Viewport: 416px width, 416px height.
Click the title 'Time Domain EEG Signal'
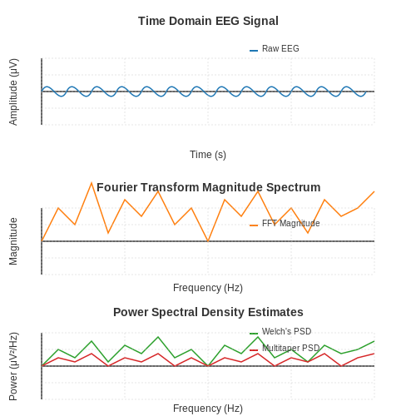(x=208, y=21)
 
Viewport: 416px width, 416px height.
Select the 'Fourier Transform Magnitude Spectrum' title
(x=209, y=187)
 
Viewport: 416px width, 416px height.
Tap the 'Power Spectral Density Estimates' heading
(x=208, y=312)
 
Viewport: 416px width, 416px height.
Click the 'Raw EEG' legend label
(x=280, y=48)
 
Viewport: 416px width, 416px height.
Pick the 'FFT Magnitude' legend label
(x=291, y=223)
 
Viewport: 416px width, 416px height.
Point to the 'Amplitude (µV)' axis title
(x=13, y=92)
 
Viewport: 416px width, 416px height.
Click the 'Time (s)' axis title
(x=208, y=155)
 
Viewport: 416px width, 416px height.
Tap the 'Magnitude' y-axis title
(x=13, y=241)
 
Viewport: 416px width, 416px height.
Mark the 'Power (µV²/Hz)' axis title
(x=13, y=366)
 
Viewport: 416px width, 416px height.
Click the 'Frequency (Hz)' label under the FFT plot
(x=208, y=288)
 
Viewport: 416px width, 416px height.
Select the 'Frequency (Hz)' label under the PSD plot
(x=208, y=409)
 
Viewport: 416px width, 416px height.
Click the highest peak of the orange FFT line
(x=92, y=183)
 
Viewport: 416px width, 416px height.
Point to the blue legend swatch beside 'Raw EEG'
(x=254, y=51)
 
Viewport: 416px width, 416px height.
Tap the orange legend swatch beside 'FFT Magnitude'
(x=254, y=225)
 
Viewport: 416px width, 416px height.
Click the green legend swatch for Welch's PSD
(x=254, y=334)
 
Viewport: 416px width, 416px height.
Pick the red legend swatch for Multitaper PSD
(x=254, y=350)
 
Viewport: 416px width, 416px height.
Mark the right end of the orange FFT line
(x=374, y=191)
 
